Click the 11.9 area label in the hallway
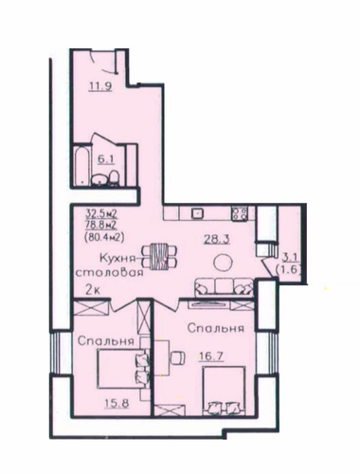tap(100, 86)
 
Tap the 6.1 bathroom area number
tap(106, 159)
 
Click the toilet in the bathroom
tap(114, 178)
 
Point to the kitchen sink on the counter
tap(197, 213)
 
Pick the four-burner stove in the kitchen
tap(240, 213)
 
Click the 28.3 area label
tap(216, 239)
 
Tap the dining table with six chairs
tap(160, 256)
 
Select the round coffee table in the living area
tap(223, 262)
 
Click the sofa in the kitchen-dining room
tap(224, 288)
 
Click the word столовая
tap(109, 272)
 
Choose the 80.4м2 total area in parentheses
tap(104, 237)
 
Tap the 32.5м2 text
tap(101, 214)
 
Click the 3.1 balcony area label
tap(288, 259)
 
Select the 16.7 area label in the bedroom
tap(211, 356)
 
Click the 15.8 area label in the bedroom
tap(117, 403)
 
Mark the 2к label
tap(93, 290)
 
